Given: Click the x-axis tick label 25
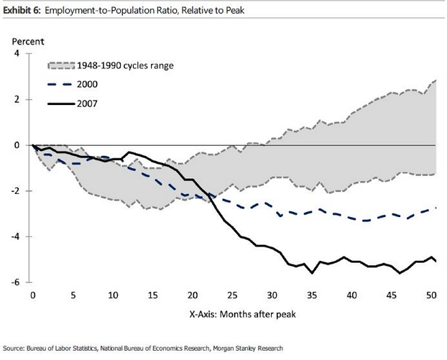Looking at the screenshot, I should [231, 295].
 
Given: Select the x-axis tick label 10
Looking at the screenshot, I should [112, 295].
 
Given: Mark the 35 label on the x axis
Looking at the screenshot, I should [311, 295].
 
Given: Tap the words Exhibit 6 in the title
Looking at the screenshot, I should [20, 6].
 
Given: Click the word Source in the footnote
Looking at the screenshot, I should [14, 349].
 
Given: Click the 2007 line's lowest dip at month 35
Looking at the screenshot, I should [312, 273].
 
